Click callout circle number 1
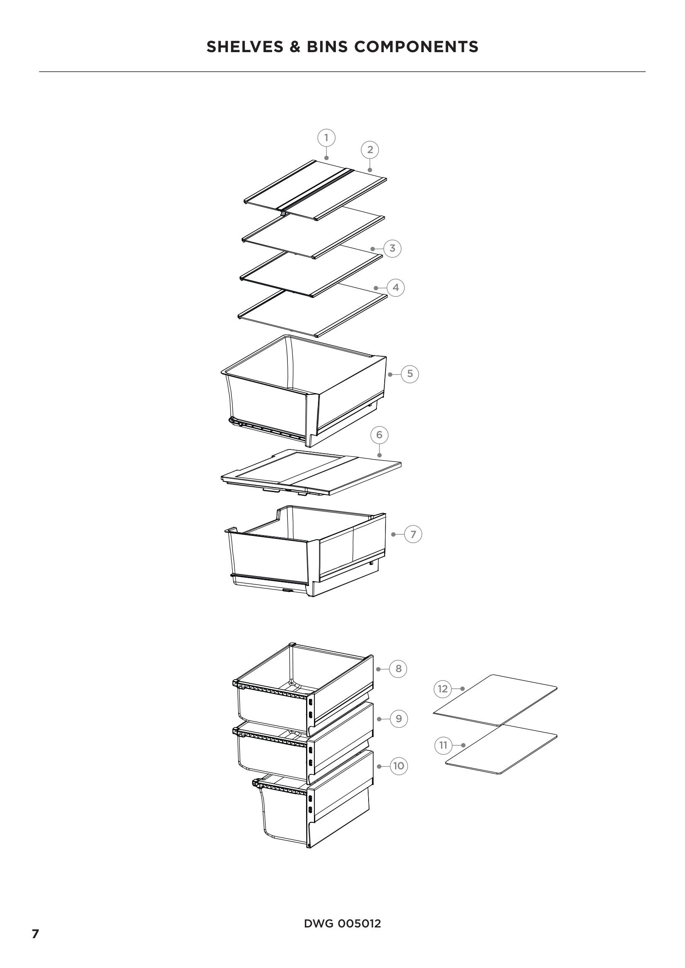[326, 138]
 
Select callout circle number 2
[370, 150]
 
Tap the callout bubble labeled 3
[392, 248]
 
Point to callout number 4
[396, 288]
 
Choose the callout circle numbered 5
[410, 374]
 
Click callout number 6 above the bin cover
[379, 435]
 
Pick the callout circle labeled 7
[413, 535]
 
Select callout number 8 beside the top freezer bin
[398, 669]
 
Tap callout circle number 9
[399, 719]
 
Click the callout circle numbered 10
[398, 766]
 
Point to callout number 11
[443, 745]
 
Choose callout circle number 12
[442, 689]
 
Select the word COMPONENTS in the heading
[416, 47]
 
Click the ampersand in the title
[295, 47]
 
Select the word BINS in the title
[327, 47]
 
